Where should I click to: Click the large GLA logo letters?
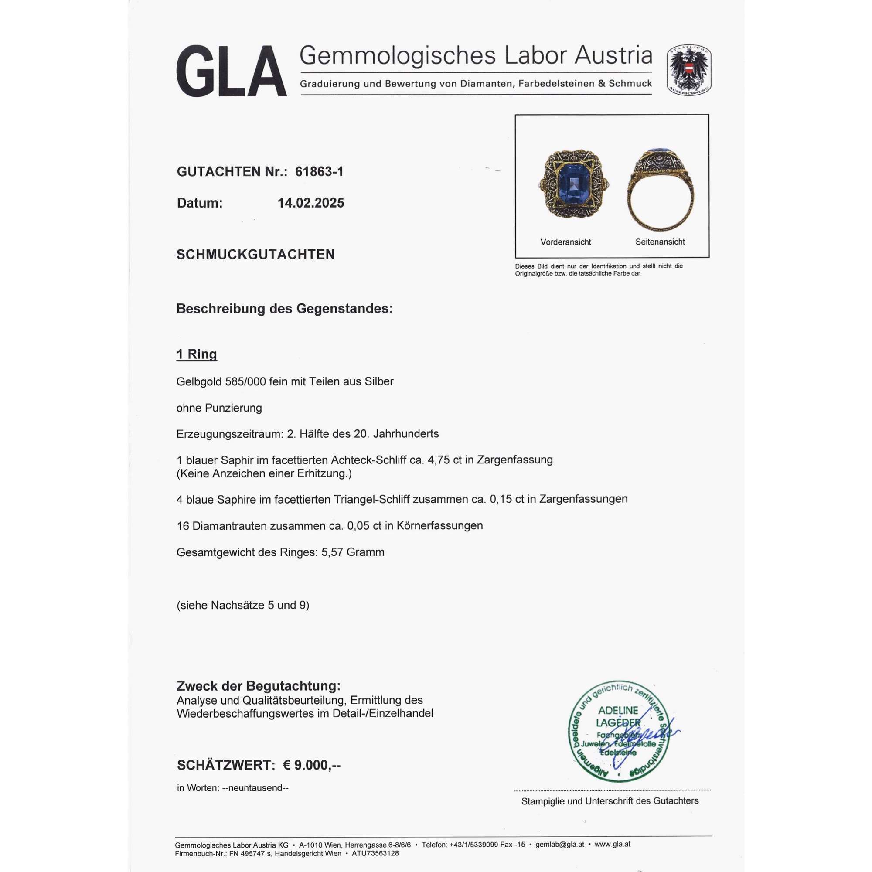pyautogui.click(x=231, y=72)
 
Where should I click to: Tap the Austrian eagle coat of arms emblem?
pyautogui.click(x=689, y=70)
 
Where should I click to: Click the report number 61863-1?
pyautogui.click(x=319, y=171)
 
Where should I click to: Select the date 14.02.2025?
pyautogui.click(x=310, y=203)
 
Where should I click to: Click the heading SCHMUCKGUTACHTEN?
pyautogui.click(x=255, y=255)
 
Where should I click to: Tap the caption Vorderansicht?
pyautogui.click(x=565, y=242)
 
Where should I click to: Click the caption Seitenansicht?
pyautogui.click(x=660, y=242)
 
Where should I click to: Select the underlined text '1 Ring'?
pyautogui.click(x=196, y=354)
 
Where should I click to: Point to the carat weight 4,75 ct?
pyautogui.click(x=453, y=460)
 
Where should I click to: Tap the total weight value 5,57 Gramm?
pyautogui.click(x=352, y=552)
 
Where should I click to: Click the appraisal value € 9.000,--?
pyautogui.click(x=311, y=765)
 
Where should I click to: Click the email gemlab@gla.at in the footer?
pyautogui.click(x=560, y=845)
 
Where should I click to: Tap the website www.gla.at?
pyautogui.click(x=612, y=845)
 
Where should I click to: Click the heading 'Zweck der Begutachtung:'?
pyautogui.click(x=258, y=686)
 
